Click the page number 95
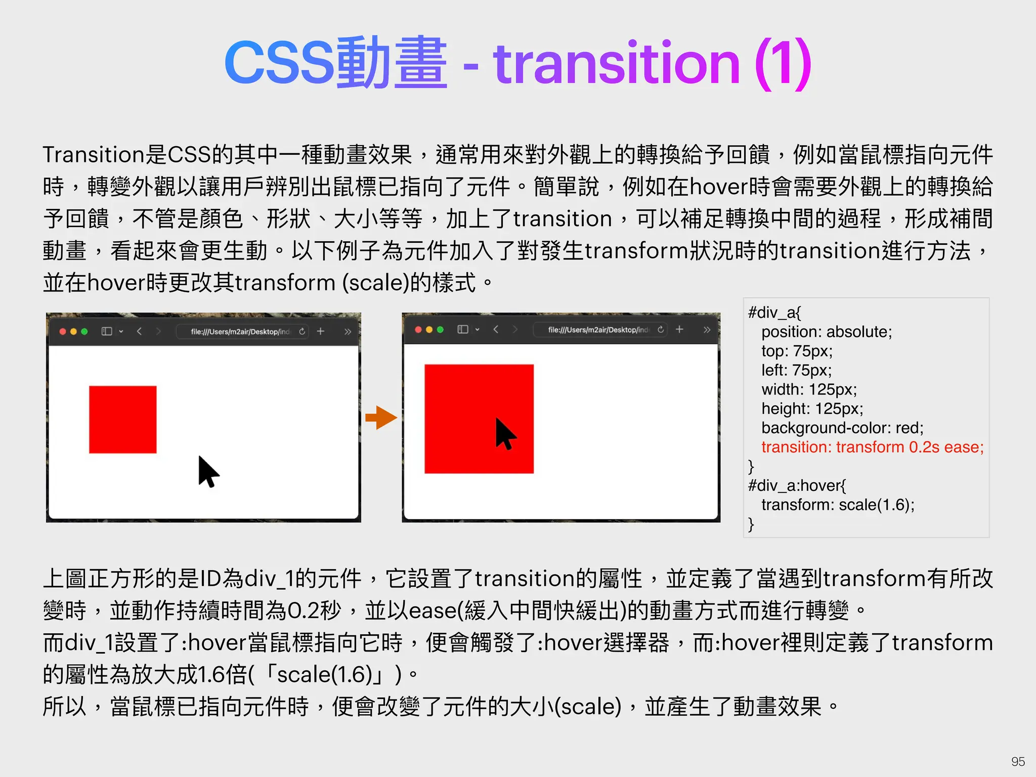(x=1018, y=761)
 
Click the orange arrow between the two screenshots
(x=381, y=418)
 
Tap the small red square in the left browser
(x=122, y=419)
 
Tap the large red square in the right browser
(x=479, y=419)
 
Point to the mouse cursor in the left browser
(x=207, y=471)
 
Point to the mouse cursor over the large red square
(x=504, y=434)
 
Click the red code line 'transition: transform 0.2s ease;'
(x=872, y=447)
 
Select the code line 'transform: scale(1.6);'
(x=838, y=505)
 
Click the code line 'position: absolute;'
(x=827, y=332)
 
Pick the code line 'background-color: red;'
(x=842, y=428)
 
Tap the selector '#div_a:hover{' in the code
(x=797, y=486)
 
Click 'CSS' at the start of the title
(x=279, y=64)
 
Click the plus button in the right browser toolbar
(x=679, y=329)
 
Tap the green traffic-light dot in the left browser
(x=84, y=331)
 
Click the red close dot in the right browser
(x=418, y=330)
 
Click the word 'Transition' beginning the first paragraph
(x=94, y=155)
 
